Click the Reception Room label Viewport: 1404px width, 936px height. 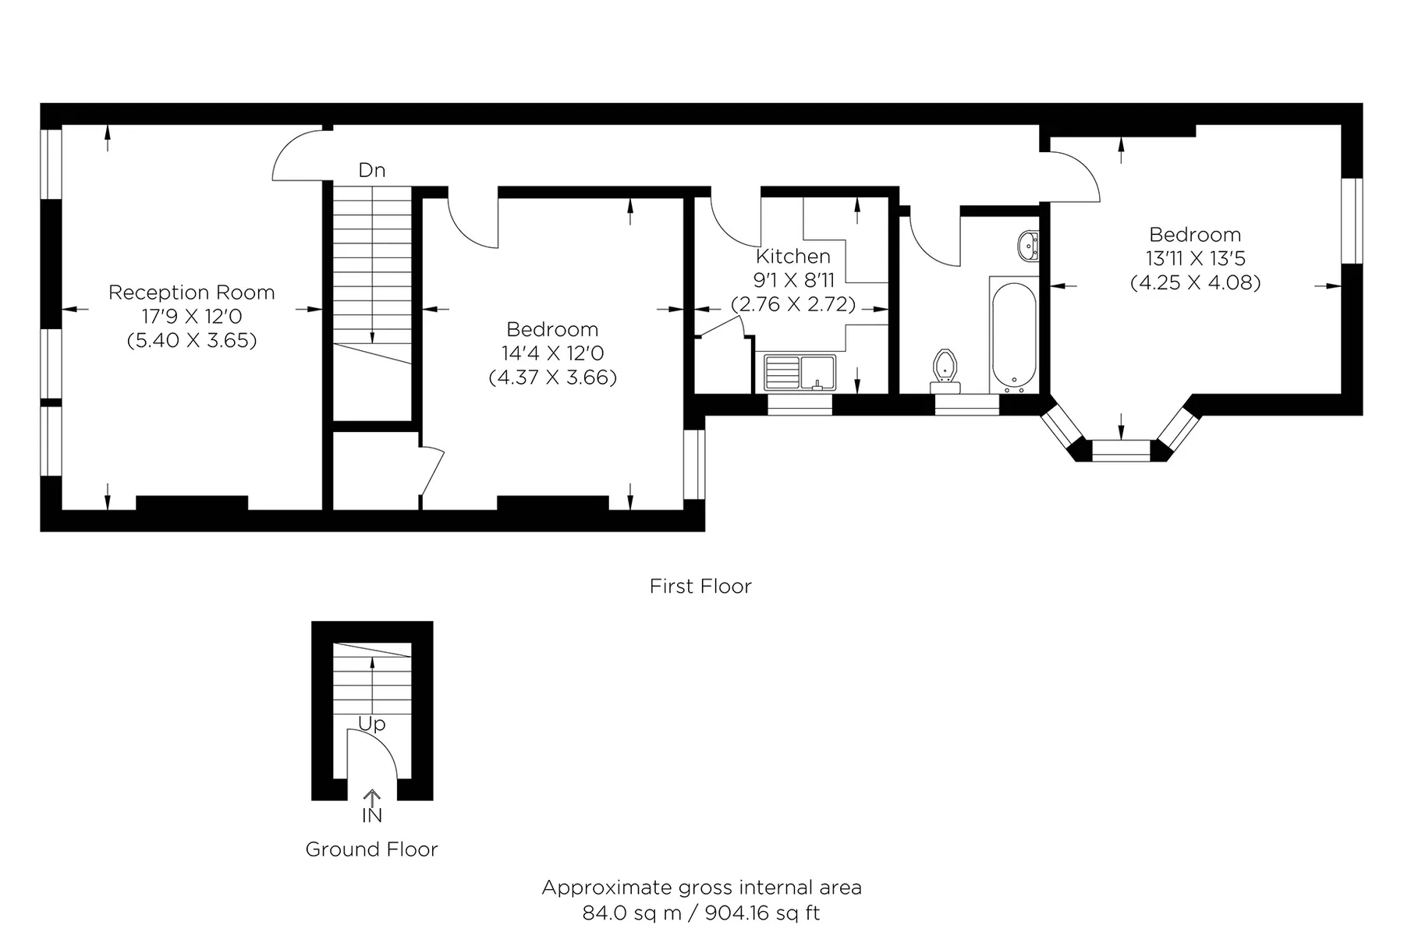(192, 292)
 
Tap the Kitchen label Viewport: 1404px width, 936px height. (793, 256)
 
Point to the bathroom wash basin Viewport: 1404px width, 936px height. (1029, 246)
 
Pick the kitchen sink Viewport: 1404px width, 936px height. (799, 372)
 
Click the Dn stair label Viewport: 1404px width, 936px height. (372, 170)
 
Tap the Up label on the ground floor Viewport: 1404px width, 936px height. (372, 725)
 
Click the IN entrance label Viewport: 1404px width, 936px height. (372, 816)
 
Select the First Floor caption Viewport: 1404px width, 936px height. (700, 587)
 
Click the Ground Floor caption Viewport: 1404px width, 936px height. (371, 849)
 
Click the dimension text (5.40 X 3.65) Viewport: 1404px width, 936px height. (192, 341)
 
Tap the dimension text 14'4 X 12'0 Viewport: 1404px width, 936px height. (553, 353)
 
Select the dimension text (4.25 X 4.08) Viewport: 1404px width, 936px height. (1195, 282)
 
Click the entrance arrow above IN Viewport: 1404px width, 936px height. (372, 798)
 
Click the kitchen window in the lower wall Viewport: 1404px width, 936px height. (800, 405)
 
